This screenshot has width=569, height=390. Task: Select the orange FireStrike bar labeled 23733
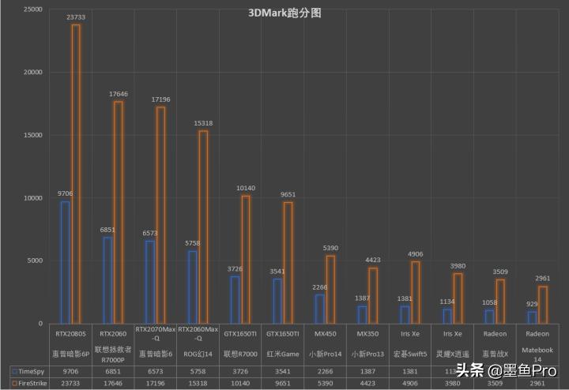click(x=76, y=174)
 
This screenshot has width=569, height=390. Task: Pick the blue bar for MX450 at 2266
click(x=319, y=309)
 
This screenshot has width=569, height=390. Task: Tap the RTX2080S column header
click(x=71, y=335)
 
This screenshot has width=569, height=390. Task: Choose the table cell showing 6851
click(x=113, y=369)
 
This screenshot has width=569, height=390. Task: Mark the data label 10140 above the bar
click(x=246, y=188)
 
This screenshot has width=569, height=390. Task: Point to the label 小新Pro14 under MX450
click(x=325, y=354)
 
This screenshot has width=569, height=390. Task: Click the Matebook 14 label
click(x=537, y=354)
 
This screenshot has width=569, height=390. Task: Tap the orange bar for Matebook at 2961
click(x=543, y=305)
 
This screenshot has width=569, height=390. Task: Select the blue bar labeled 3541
click(x=277, y=301)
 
